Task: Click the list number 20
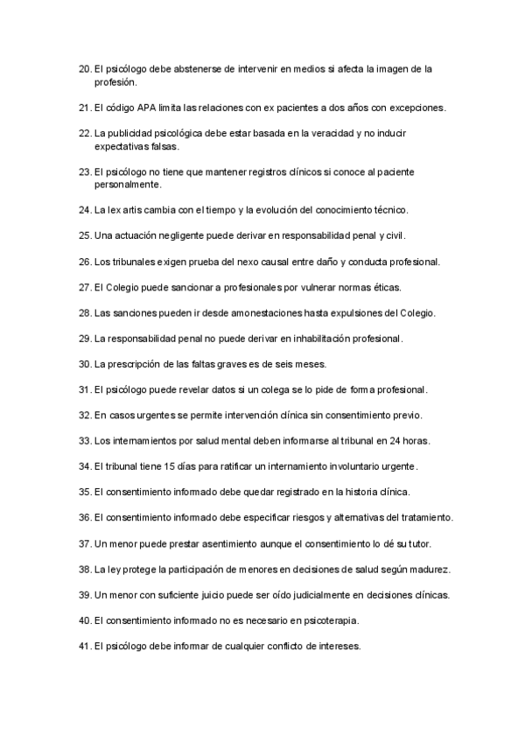coord(84,67)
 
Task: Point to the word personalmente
coord(127,185)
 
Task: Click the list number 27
coord(84,287)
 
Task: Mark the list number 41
coord(84,646)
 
